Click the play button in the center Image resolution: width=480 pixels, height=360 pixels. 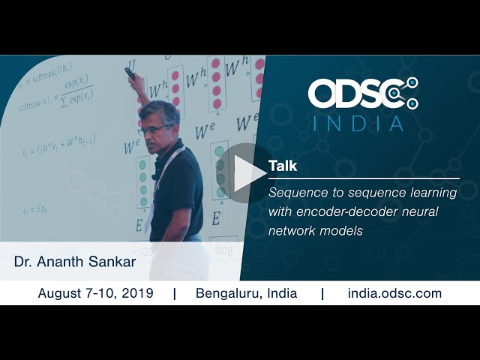[x=244, y=173]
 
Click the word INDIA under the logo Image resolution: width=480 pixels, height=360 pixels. [x=358, y=123]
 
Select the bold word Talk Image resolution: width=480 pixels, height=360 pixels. [x=282, y=166]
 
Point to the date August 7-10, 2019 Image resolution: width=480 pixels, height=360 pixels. [x=95, y=293]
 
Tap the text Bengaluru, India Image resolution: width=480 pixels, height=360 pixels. [x=246, y=293]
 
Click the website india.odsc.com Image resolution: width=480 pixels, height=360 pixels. [x=394, y=293]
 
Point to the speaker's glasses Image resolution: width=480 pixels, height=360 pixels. [x=154, y=129]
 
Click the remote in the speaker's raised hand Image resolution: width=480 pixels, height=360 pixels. [x=130, y=73]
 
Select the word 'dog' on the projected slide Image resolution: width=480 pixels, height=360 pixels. [x=222, y=247]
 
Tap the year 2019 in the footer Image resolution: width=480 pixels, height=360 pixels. [x=139, y=293]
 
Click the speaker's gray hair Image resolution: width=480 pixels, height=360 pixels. [x=160, y=112]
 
